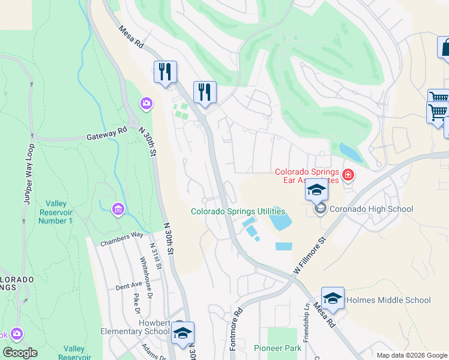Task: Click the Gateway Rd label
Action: pyautogui.click(x=106, y=134)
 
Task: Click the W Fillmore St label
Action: pyautogui.click(x=309, y=256)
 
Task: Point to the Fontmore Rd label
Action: pyautogui.click(x=236, y=329)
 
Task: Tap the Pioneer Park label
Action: pyautogui.click(x=277, y=348)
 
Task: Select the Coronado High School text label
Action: pyautogui.click(x=370, y=209)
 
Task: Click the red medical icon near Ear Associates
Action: pyautogui.click(x=348, y=176)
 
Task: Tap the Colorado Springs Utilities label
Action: pyautogui.click(x=238, y=211)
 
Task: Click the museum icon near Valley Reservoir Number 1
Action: pyautogui.click(x=118, y=209)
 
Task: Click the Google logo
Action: pyautogui.click(x=20, y=353)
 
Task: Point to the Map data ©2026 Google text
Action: pyautogui.click(x=411, y=355)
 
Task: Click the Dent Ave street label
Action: pyautogui.click(x=128, y=286)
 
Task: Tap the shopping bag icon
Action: pyautogui.click(x=445, y=48)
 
